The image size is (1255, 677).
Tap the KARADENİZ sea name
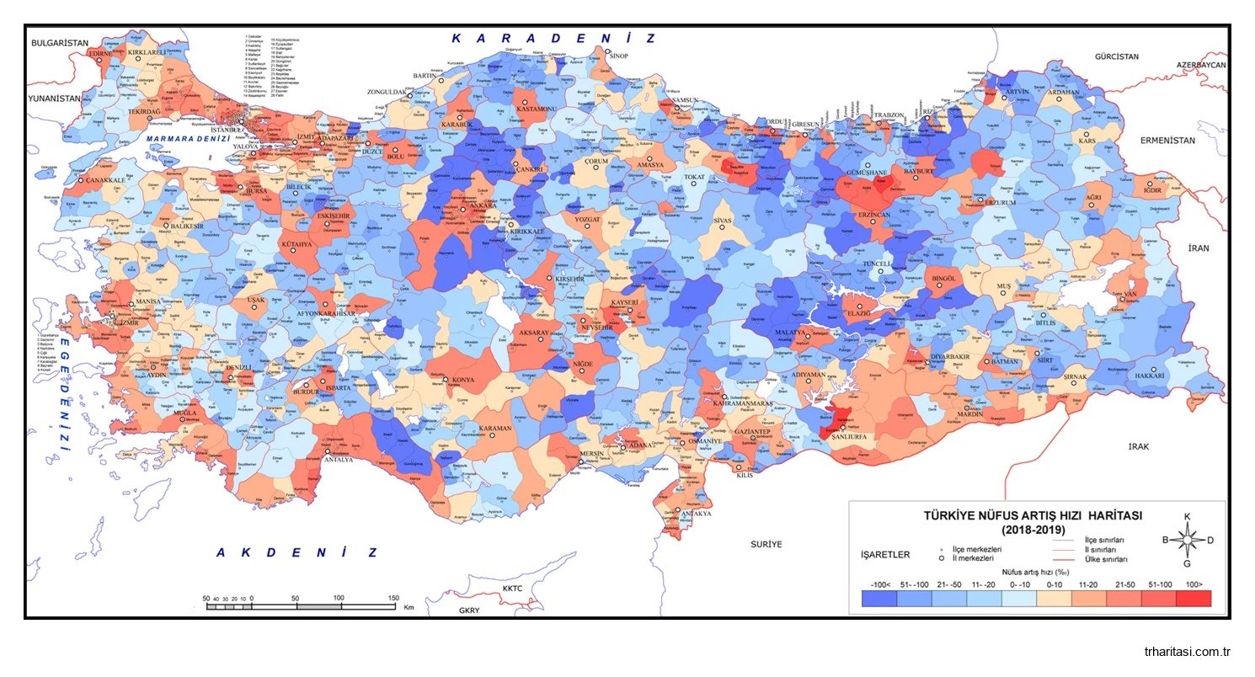pyautogui.click(x=553, y=38)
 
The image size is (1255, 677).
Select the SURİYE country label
pyautogui.click(x=766, y=544)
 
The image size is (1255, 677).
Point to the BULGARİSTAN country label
pyautogui.click(x=60, y=42)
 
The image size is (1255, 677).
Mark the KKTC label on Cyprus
pyautogui.click(x=513, y=589)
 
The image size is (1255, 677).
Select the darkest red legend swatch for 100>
pyautogui.click(x=1193, y=598)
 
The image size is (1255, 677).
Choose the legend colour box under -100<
pyautogui.click(x=879, y=598)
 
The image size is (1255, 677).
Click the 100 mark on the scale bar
pyautogui.click(x=339, y=598)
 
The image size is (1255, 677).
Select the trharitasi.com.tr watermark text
pyautogui.click(x=1188, y=652)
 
